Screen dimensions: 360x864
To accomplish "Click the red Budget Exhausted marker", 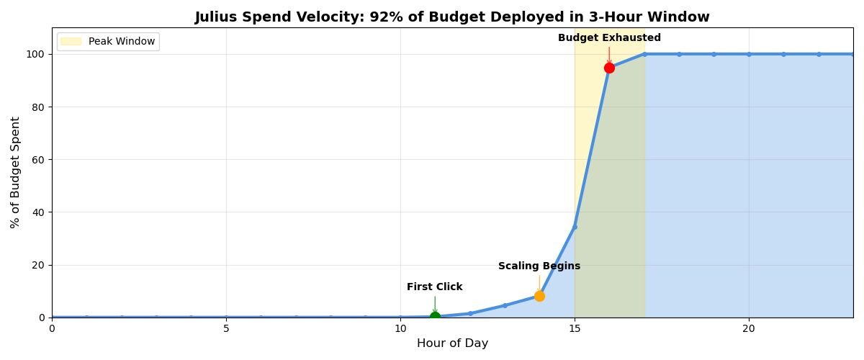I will (x=609, y=68).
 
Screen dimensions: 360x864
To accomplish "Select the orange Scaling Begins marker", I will (x=539, y=296).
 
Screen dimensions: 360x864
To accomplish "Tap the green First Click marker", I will (x=435, y=317).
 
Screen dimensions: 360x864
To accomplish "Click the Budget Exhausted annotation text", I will (x=609, y=38).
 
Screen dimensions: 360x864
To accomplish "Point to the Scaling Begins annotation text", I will (x=539, y=266).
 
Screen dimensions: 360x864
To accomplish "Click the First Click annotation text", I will (x=435, y=287).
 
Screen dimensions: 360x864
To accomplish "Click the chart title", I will (x=452, y=17).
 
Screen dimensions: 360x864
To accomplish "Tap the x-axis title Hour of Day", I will (x=452, y=343).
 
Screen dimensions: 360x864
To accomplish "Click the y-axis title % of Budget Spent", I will (x=15, y=173).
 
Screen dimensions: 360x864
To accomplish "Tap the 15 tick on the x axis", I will (x=575, y=328).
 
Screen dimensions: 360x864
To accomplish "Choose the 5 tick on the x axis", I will (x=226, y=328).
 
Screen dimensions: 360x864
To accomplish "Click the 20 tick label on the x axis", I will (x=749, y=328).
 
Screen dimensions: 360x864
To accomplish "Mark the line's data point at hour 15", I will (x=575, y=227).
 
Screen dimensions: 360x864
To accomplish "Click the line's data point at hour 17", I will (x=644, y=54).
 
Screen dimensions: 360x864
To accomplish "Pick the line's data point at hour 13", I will (x=505, y=305).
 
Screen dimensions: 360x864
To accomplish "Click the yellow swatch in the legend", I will (x=71, y=42).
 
